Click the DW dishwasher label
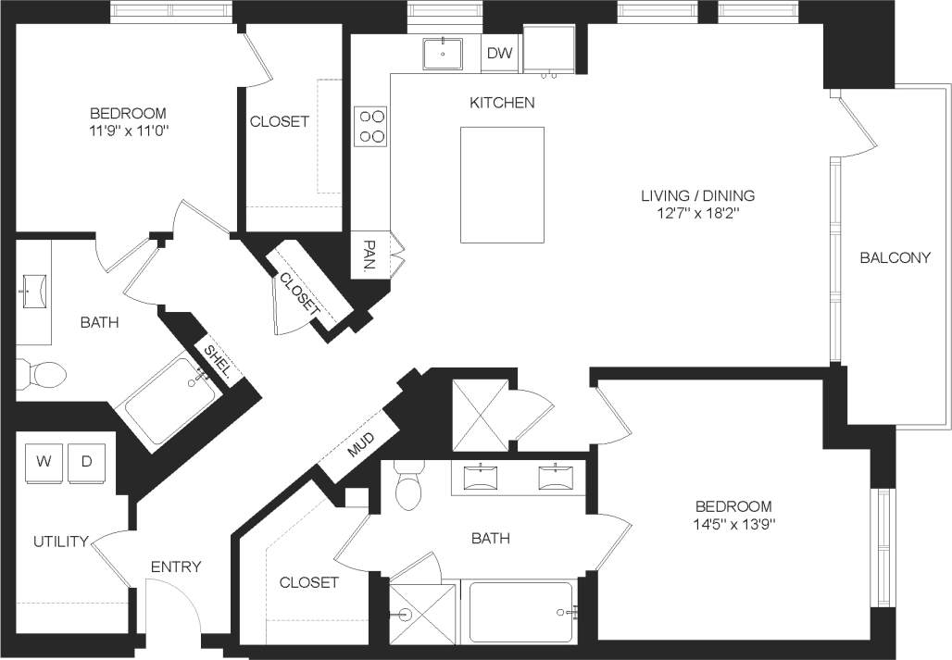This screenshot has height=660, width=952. tap(500, 54)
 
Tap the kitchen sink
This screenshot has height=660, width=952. tap(444, 54)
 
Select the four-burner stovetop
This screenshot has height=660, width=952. tap(372, 126)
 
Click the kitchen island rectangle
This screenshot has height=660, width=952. tap(502, 184)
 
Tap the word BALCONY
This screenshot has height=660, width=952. tap(895, 258)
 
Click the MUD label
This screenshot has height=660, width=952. tap(359, 449)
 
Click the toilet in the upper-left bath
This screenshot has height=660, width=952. tap(44, 373)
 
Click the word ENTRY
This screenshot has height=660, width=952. tap(176, 567)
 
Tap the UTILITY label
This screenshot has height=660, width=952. tap(60, 542)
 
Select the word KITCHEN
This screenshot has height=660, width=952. tap(502, 103)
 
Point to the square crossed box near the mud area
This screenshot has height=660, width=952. tap(479, 414)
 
